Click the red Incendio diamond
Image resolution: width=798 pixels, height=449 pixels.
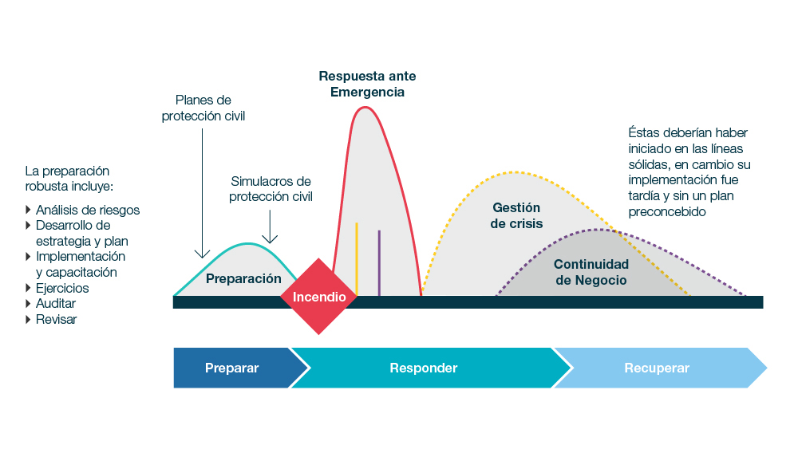pos(319,297)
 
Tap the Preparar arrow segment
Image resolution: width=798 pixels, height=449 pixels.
pos(231,368)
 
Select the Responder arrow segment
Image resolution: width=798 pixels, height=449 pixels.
pos(423,368)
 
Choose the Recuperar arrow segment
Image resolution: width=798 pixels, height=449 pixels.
pos(657,368)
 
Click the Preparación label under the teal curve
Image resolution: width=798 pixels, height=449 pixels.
pos(243,278)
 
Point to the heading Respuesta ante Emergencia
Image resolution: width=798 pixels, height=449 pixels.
pos(367,84)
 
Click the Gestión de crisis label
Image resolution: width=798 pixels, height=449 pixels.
pos(516,215)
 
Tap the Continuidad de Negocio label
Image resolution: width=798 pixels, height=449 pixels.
pos(591,272)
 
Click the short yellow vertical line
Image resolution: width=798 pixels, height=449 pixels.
pos(357,258)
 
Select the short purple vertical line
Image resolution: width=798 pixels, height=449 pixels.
pos(379,262)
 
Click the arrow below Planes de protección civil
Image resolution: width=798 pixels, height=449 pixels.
pos(202,191)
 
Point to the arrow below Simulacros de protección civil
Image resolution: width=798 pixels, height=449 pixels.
pos(270,226)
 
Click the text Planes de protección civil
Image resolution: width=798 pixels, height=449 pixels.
pos(203,108)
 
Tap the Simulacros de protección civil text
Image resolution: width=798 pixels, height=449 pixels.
pos(271,189)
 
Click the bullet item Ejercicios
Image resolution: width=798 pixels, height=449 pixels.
pos(62,288)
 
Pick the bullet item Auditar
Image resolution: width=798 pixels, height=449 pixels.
pos(56,304)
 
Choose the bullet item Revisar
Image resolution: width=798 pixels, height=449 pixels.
pos(56,319)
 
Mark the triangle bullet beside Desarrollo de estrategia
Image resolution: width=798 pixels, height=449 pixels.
pos(29,226)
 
